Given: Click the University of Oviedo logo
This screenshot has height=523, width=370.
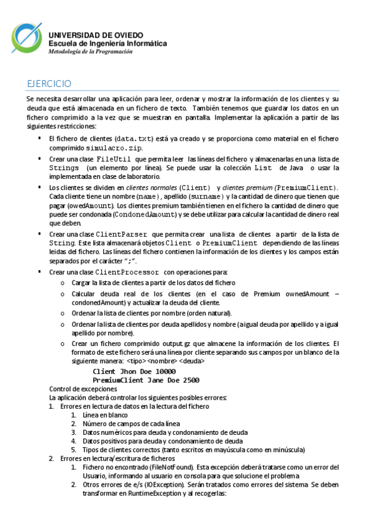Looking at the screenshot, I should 27,38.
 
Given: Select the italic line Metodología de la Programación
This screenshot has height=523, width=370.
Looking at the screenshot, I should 91,52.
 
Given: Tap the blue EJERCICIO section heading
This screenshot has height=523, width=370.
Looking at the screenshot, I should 49,83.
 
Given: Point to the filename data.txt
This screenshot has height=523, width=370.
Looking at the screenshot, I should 135,139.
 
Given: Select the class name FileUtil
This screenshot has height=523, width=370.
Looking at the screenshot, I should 114,159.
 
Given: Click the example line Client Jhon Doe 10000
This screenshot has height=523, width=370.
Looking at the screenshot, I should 134,372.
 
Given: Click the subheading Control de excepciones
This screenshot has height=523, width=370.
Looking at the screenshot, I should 83,389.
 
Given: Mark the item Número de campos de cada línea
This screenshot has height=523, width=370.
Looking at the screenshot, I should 131,424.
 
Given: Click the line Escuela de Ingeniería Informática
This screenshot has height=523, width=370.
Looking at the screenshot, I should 107,44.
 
